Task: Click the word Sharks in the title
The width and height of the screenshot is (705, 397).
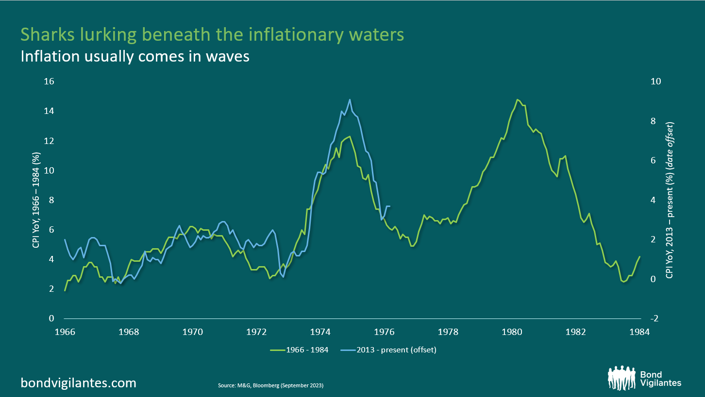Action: [x=49, y=35]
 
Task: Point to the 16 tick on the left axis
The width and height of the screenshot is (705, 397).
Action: [x=50, y=81]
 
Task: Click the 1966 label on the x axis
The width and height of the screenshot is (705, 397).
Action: [x=65, y=332]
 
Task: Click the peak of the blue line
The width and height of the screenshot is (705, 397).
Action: [x=350, y=99]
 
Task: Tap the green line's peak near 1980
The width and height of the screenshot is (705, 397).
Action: [x=518, y=99]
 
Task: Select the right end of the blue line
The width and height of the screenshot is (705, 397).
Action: [x=390, y=206]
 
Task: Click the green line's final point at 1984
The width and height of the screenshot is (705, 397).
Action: [x=640, y=257]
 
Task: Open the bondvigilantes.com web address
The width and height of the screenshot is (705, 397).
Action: [x=78, y=383]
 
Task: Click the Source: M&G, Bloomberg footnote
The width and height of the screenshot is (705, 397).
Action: [x=271, y=386]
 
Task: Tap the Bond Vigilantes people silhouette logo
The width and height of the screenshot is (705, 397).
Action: [x=621, y=378]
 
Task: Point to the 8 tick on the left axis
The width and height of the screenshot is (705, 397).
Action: [x=52, y=200]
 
